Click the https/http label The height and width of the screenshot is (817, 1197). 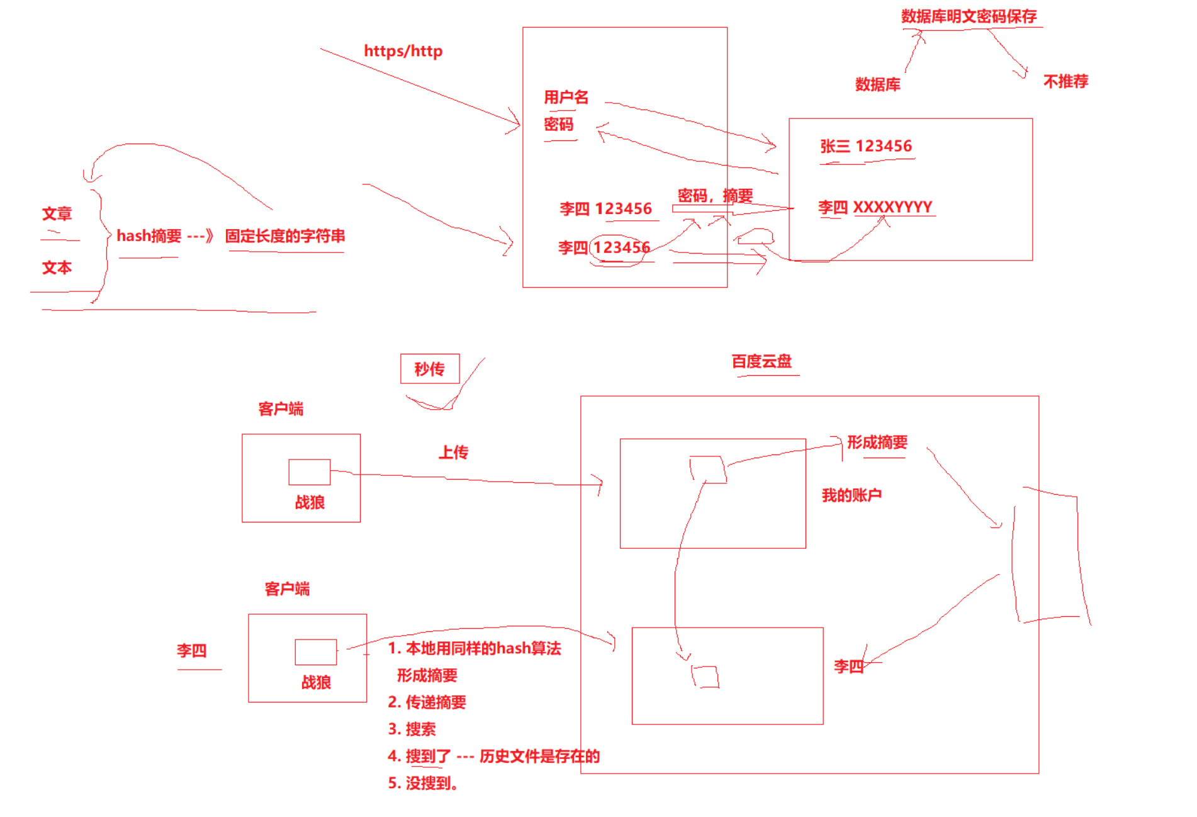[403, 51]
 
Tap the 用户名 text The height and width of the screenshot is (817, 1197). [566, 97]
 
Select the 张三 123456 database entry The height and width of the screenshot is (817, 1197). [865, 147]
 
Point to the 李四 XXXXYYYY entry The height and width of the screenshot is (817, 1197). [875, 207]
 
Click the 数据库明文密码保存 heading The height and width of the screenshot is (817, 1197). [969, 16]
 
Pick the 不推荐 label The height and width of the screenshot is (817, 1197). [1065, 81]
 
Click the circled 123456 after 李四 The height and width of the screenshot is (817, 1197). [621, 248]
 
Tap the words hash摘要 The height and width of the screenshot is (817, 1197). [149, 236]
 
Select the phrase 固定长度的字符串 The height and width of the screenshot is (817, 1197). [285, 236]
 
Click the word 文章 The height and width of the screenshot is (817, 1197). [57, 214]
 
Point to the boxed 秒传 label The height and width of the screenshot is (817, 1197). [430, 369]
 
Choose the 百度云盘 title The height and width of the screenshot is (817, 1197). [761, 361]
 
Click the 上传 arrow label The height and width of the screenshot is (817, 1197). [453, 452]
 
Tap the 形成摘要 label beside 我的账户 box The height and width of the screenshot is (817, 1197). [877, 442]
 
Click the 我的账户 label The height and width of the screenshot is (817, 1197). [851, 495]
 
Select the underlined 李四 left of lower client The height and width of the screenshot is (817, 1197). [191, 651]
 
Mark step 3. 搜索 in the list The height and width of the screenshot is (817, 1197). [412, 730]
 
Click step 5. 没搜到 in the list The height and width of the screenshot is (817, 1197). [422, 784]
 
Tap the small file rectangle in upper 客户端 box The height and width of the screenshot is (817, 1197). [309, 472]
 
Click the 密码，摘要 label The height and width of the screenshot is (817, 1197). [715, 196]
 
